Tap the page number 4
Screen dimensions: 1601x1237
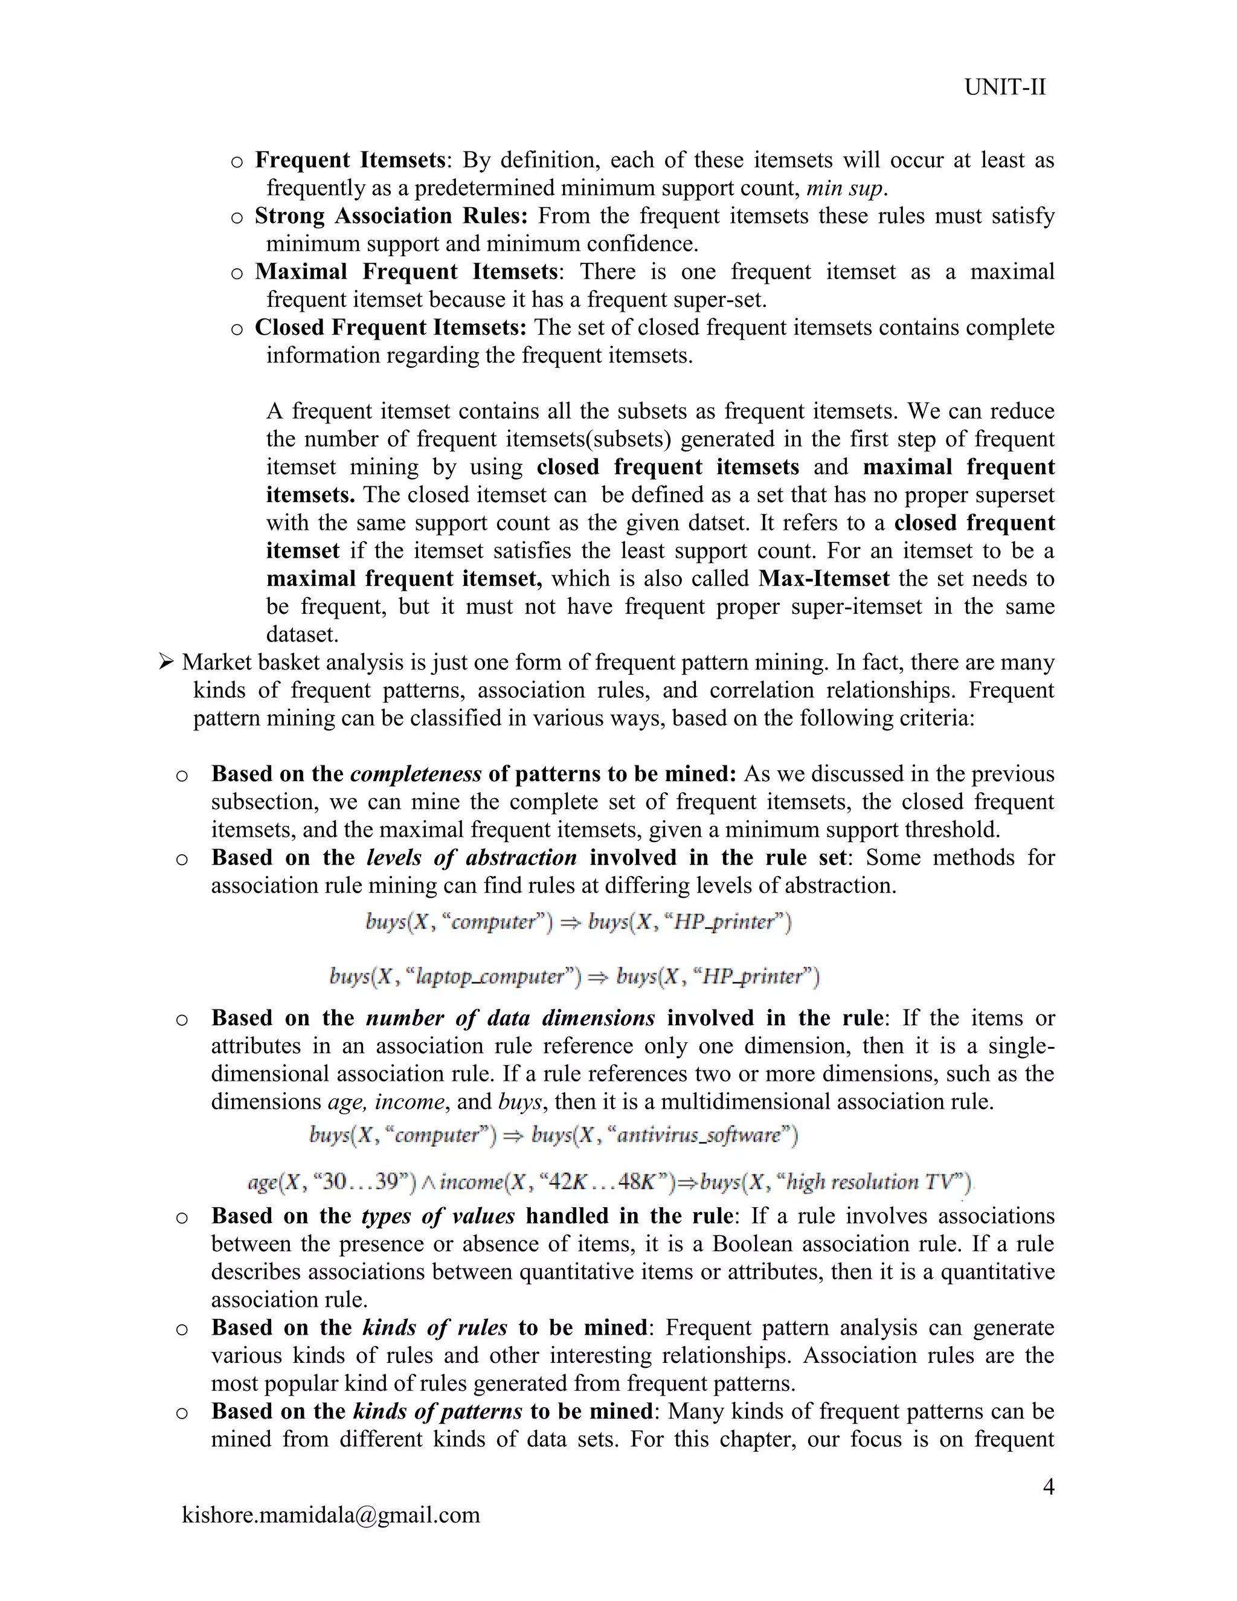[1048, 1486]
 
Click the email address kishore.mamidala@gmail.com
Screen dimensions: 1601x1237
[330, 1515]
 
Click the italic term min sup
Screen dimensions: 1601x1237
[844, 188]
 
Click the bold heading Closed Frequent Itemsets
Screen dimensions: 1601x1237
[391, 327]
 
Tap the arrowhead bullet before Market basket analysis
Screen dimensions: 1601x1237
[166, 663]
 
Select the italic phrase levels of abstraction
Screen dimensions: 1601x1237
[471, 858]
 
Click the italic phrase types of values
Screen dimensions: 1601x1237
[437, 1216]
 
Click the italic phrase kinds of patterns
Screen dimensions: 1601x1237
[437, 1411]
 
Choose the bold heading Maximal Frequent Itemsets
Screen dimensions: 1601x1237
[406, 272]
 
